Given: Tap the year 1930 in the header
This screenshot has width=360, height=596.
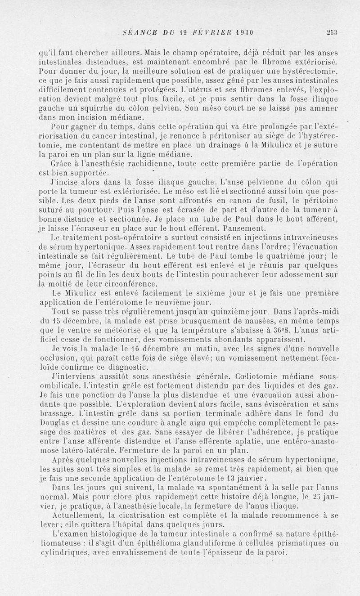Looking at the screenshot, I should [x=242, y=32].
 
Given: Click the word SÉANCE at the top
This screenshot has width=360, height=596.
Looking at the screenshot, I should [x=139, y=32].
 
